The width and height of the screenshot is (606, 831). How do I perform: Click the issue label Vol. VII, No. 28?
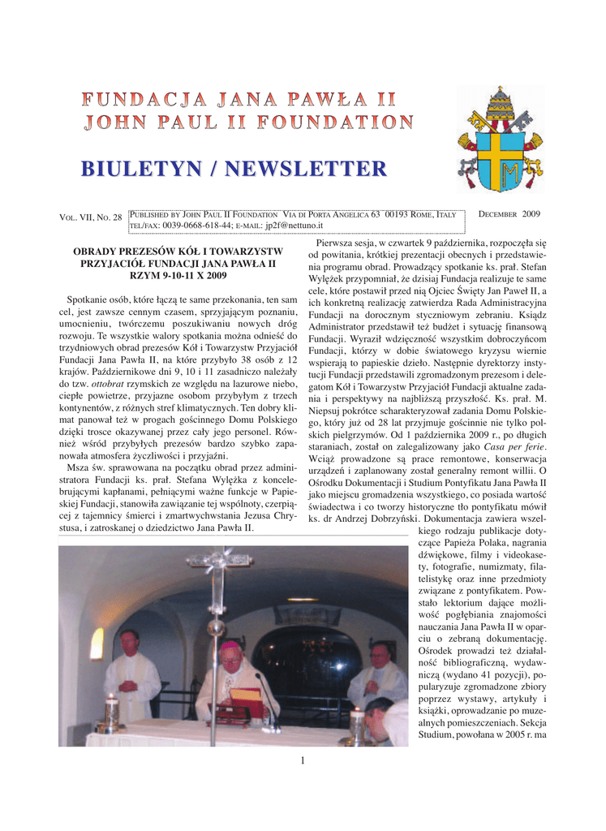[91, 218]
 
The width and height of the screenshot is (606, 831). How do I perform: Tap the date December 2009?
[510, 213]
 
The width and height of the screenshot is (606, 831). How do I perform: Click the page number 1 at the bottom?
[302, 760]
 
